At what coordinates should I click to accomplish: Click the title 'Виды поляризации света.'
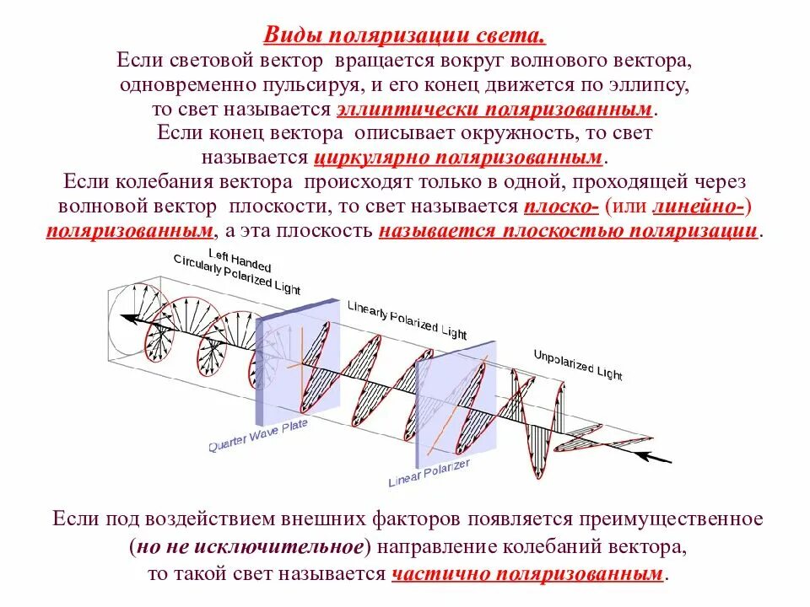[405, 36]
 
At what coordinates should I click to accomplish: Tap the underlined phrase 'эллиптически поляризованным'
[495, 110]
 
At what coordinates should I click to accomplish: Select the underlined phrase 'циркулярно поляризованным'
[459, 158]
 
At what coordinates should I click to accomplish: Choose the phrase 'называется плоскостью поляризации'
[569, 231]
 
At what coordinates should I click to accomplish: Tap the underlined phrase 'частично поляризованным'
[528, 574]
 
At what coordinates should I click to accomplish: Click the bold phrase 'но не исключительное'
[250, 546]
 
